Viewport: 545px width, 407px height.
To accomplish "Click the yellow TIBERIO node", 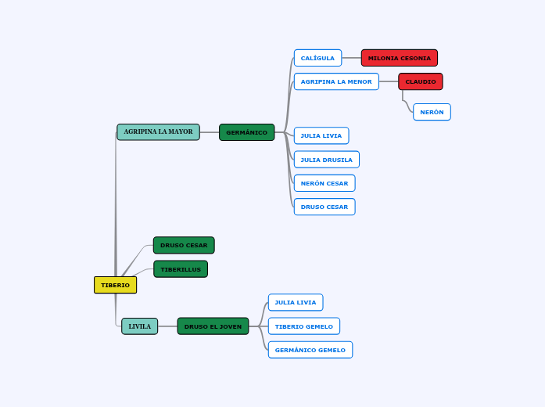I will point(115,285).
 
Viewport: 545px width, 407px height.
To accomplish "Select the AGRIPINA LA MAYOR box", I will point(158,132).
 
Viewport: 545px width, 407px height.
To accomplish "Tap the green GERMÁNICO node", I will point(246,132).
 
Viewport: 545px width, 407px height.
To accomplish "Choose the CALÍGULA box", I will point(317,58).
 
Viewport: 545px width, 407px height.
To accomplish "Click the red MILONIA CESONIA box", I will point(399,58).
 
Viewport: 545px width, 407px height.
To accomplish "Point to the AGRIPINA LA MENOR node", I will point(336,81).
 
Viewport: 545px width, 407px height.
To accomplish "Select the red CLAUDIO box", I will point(420,81).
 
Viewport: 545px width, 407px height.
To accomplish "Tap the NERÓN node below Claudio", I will point(432,112).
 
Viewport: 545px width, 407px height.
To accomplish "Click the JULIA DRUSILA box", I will point(326,160).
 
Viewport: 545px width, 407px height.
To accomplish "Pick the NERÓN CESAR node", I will point(324,183).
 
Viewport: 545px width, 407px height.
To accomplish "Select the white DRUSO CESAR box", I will point(324,207).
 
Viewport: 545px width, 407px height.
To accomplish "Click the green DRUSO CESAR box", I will point(184,245).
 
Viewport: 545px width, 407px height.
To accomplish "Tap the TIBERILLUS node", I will point(181,269).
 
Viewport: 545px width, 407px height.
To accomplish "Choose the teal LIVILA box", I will point(139,326).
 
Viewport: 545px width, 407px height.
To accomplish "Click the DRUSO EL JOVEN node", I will point(213,326).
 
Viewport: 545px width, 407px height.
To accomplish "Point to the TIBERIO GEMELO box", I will point(303,326).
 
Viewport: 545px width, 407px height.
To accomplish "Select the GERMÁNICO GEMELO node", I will point(310,350).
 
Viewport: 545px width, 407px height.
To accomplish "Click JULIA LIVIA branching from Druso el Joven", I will point(295,302).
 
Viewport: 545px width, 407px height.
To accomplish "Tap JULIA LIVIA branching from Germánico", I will point(321,135).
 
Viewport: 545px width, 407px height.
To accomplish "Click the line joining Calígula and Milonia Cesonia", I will point(351,58).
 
